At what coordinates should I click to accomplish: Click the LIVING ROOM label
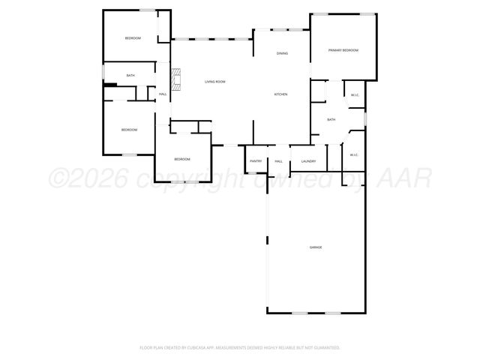[215, 82]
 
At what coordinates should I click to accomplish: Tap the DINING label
[282, 53]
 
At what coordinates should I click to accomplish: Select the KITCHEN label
[280, 94]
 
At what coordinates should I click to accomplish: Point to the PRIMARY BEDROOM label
[343, 50]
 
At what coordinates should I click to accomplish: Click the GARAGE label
[316, 247]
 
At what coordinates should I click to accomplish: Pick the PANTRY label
[256, 161]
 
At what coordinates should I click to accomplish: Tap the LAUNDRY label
[308, 161]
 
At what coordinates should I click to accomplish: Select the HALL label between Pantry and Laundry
[278, 161]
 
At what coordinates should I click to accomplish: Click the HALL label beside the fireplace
[163, 94]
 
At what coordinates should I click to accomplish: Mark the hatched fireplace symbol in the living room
[176, 79]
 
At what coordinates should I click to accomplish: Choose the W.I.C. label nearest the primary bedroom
[355, 94]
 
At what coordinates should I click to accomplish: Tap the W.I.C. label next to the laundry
[354, 155]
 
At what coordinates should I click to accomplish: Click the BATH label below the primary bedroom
[331, 119]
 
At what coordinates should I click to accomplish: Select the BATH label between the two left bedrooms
[130, 75]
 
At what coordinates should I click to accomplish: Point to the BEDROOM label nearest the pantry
[182, 159]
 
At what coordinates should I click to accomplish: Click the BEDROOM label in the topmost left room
[133, 38]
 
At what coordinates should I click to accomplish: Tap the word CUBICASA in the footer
[190, 347]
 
